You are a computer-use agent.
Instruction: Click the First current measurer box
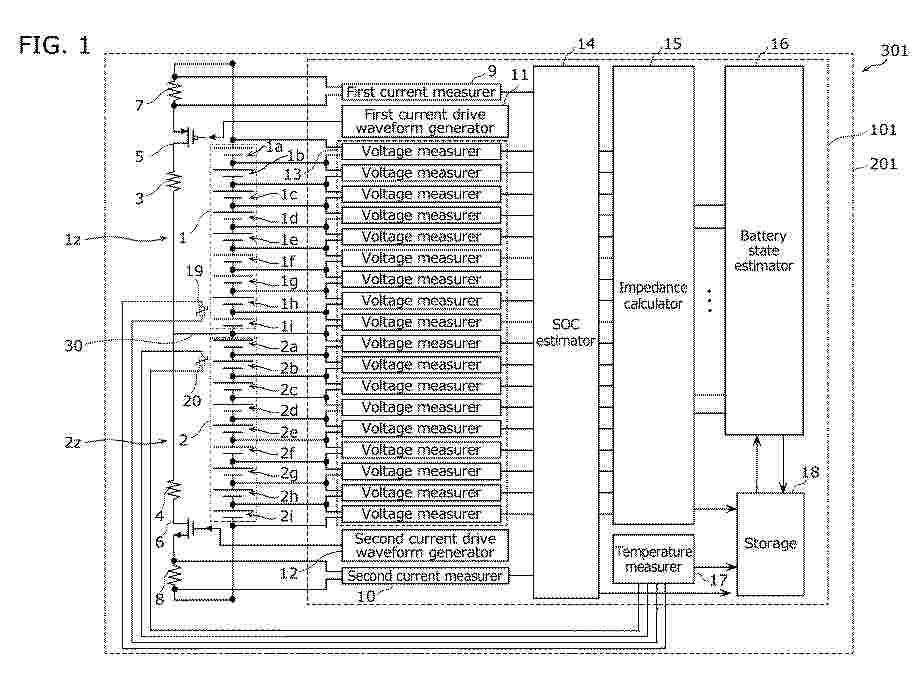coord(420,92)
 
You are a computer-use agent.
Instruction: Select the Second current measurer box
coord(424,576)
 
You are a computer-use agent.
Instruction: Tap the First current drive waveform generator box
coord(424,121)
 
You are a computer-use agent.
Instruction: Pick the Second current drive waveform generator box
coord(424,545)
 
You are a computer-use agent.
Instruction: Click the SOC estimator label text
coord(565,332)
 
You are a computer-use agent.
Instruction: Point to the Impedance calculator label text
coord(653,295)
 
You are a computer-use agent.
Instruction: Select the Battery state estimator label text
coord(764,251)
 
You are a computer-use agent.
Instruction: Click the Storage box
coord(770,544)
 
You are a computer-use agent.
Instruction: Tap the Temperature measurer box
coord(654,559)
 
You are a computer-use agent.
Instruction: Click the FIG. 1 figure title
coord(54,44)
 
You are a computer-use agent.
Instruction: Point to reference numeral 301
coord(893,51)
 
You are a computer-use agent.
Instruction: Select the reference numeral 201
coord(883,163)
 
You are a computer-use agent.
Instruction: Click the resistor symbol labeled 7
coord(174,90)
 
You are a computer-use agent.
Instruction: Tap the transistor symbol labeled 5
coord(188,137)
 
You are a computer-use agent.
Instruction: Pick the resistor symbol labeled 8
coord(174,576)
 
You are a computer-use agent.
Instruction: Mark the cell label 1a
coord(274,147)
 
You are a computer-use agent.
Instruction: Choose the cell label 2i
coord(287,516)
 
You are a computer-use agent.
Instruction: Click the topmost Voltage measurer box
coord(421,151)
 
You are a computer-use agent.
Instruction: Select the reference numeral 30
coord(73,346)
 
